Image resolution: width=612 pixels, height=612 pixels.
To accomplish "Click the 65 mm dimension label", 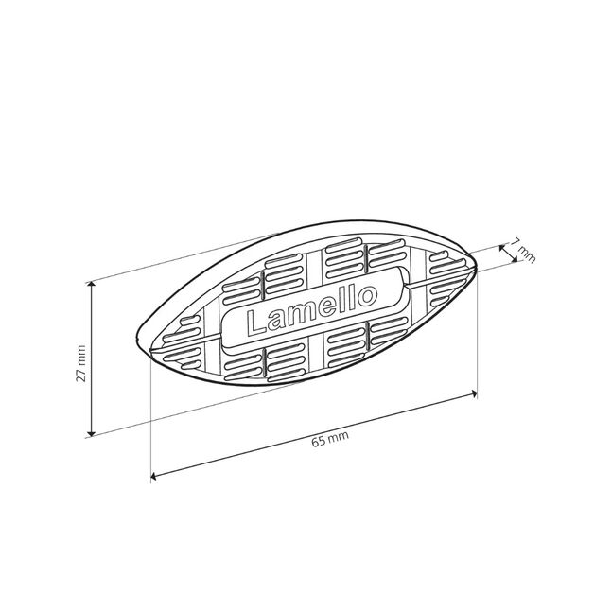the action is (330, 440).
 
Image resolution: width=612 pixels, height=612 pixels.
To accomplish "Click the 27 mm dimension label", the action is (81, 363).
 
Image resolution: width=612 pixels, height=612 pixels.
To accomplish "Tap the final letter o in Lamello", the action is (368, 295).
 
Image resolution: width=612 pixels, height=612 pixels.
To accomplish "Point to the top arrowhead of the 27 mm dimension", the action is (91, 285).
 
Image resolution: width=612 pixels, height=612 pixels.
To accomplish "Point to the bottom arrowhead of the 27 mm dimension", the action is (91, 432).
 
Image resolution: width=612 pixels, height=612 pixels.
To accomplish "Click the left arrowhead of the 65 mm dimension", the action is (154, 476).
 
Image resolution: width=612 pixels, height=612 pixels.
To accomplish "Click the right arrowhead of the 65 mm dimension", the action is (474, 393).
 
